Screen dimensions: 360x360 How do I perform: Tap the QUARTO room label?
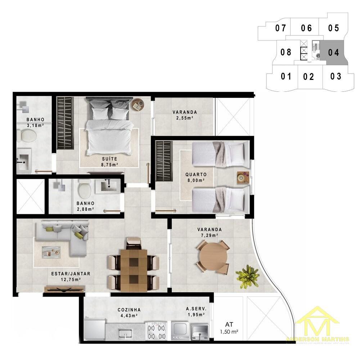(x=196, y=174)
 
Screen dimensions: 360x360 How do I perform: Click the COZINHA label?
(x=129, y=310)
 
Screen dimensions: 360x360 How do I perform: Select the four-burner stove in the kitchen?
(x=157, y=331)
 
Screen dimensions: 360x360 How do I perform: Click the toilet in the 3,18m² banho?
(x=28, y=136)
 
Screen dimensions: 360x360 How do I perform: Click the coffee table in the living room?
(x=51, y=251)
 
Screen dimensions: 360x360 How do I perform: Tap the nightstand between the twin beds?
(x=242, y=177)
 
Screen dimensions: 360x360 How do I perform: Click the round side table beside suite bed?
(x=137, y=105)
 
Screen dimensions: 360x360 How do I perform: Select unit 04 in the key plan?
(x=334, y=52)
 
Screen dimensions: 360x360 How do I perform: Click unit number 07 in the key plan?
(x=280, y=28)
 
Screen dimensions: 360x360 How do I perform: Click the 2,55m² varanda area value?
(x=184, y=118)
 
